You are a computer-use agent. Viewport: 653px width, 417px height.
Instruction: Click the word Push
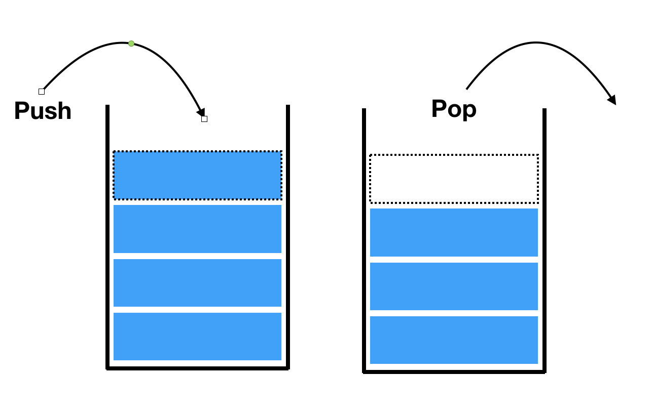pos(43,111)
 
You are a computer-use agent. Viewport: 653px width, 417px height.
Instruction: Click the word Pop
pos(454,109)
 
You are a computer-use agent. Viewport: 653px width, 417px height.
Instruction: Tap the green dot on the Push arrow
pos(131,44)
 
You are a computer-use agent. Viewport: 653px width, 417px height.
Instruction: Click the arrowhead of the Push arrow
pos(201,112)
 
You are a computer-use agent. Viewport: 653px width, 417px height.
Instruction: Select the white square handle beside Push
pos(42,92)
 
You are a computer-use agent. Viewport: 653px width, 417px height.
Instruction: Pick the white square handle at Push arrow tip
pos(204,119)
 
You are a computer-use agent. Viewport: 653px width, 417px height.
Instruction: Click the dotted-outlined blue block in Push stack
pos(197,175)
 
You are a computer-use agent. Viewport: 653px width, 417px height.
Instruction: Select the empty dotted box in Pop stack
pos(454,179)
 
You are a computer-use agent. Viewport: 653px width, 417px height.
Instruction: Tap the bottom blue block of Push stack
pos(197,337)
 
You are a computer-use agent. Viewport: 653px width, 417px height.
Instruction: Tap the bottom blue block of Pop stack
pos(454,340)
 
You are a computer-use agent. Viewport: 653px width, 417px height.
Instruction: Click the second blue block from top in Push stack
pos(197,229)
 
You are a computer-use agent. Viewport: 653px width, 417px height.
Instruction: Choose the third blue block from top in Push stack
pos(197,283)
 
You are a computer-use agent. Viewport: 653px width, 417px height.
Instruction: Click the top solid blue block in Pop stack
pos(454,232)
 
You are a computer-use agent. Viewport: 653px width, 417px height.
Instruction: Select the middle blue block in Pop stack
pos(454,286)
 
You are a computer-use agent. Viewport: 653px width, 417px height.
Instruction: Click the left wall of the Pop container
pos(364,240)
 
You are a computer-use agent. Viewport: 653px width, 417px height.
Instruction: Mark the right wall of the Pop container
pos(545,240)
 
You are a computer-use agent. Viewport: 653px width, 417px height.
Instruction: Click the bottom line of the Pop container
pos(454,372)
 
